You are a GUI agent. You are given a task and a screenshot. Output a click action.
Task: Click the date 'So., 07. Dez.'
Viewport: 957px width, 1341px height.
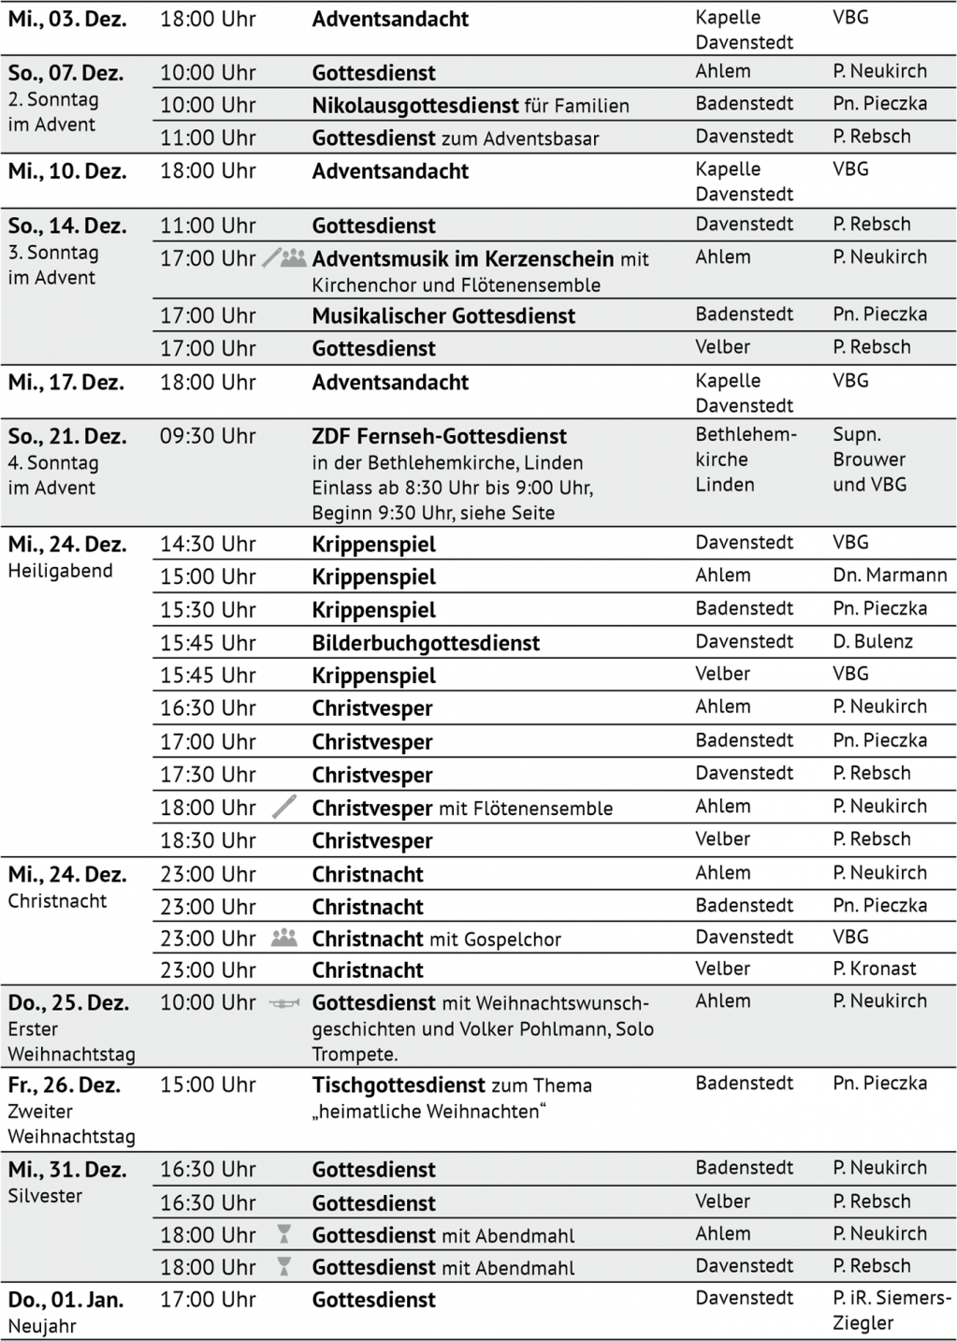pyautogui.click(x=65, y=73)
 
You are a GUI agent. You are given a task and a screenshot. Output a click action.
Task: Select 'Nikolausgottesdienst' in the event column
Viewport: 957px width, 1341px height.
pyautogui.click(x=415, y=106)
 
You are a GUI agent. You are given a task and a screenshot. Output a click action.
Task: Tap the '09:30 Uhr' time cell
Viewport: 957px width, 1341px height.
pyautogui.click(x=208, y=436)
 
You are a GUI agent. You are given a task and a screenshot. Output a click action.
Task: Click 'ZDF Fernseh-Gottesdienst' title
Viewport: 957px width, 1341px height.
pyautogui.click(x=439, y=436)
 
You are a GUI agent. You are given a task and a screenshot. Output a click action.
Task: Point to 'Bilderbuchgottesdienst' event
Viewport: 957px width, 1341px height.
pyautogui.click(x=426, y=643)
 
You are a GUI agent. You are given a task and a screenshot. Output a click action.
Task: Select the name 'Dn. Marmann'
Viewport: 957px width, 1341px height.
pyautogui.click(x=890, y=576)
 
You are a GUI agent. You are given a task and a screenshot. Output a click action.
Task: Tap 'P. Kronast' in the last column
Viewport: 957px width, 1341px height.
pyautogui.click(x=875, y=969)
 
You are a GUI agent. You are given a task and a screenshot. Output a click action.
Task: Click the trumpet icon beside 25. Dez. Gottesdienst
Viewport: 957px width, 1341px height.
pyautogui.click(x=284, y=1003)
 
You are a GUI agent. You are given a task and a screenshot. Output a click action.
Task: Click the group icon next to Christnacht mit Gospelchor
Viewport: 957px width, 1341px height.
pyautogui.click(x=283, y=938)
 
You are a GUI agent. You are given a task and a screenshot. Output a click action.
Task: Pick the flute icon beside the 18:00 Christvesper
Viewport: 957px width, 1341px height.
pyautogui.click(x=284, y=807)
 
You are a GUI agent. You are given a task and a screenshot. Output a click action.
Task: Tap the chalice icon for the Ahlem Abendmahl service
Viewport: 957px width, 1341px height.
pyautogui.click(x=284, y=1234)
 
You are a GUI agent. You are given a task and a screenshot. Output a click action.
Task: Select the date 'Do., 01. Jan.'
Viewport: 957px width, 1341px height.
pyautogui.click(x=65, y=1300)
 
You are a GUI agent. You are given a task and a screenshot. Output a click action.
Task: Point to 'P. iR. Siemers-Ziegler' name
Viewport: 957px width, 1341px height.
pyautogui.click(x=891, y=1310)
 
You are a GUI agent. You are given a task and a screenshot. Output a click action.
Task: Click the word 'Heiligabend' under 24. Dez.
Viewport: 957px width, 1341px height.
pyautogui.click(x=60, y=571)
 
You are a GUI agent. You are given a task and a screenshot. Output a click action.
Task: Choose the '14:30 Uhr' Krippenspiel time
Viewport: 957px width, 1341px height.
pyautogui.click(x=208, y=544)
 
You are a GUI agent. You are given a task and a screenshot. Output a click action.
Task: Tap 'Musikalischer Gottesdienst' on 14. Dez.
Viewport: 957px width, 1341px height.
pyautogui.click(x=443, y=316)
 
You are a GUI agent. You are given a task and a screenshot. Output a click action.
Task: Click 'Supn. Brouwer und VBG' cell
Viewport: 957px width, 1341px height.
pyautogui.click(x=869, y=459)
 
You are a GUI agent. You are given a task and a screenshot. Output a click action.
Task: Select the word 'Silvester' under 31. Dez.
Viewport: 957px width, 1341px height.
pyautogui.click(x=45, y=1196)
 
